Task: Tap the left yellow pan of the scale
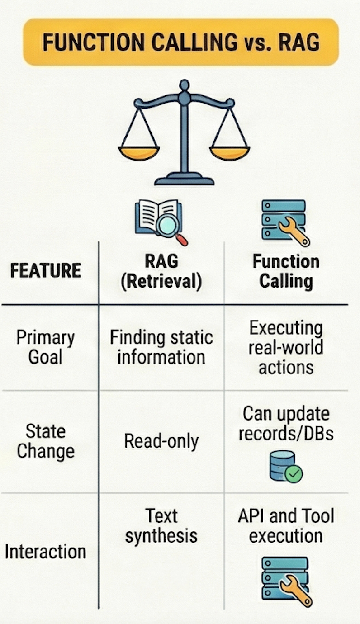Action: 139,152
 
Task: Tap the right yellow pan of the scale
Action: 229,152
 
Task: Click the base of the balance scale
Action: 184,180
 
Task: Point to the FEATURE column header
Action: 46,270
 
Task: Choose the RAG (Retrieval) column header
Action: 161,271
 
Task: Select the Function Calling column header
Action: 286,271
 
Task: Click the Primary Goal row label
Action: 45,347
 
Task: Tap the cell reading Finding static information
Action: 161,347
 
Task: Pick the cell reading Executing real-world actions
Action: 286,347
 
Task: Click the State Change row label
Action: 45,441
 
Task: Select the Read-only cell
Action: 161,441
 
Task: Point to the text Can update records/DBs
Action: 286,423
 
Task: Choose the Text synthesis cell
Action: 161,526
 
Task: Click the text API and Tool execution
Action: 286,526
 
